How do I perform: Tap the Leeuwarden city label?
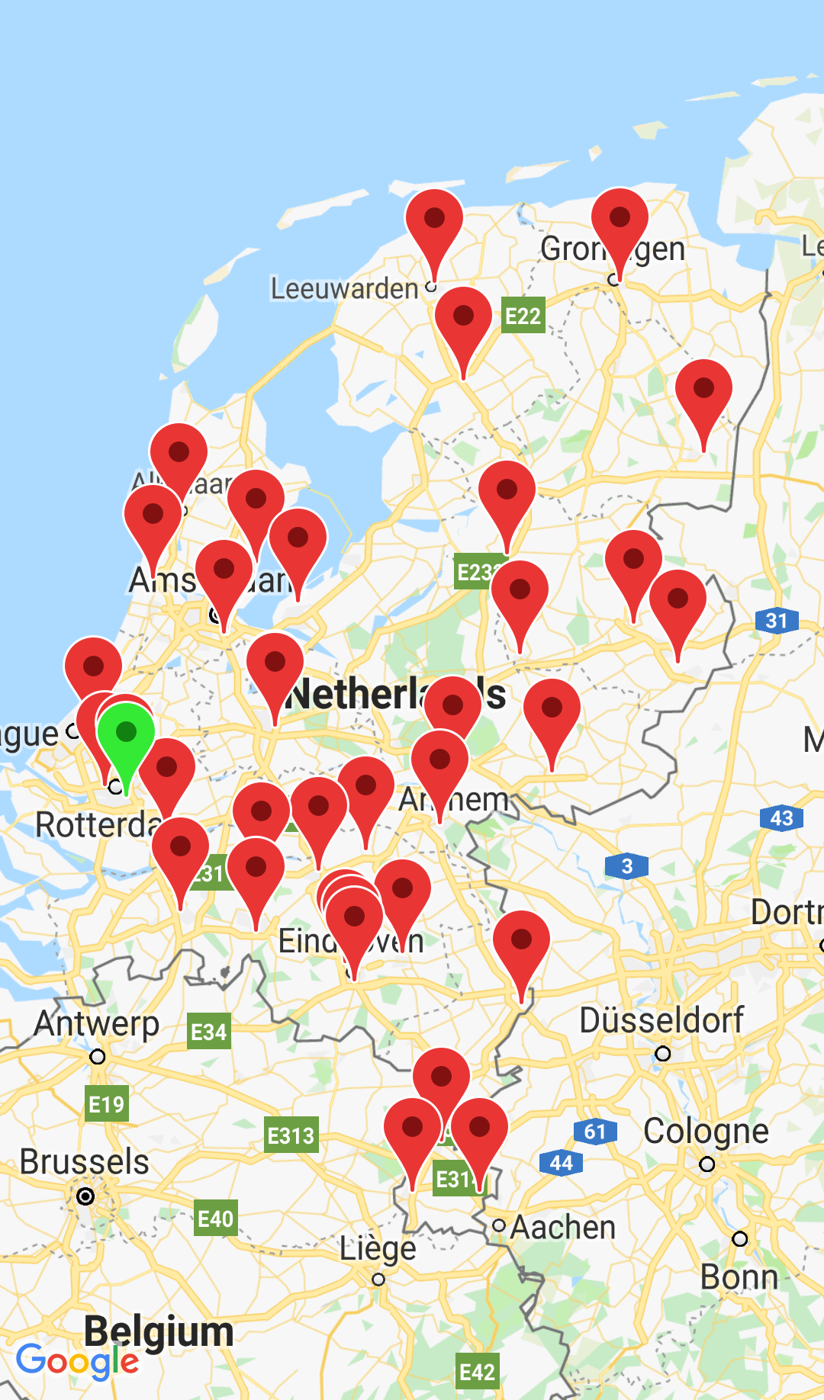pos(345,289)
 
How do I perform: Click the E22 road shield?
pos(523,316)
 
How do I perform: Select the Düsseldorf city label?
pos(661,1020)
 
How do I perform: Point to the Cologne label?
pos(706,1132)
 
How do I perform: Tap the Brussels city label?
pos(85,1162)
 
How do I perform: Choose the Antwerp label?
pos(97,1023)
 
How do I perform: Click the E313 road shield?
pos(291,1136)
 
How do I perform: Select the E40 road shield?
pos(215,1219)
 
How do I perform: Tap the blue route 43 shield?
pos(781,818)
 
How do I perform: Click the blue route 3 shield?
pos(626,866)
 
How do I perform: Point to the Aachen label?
pos(563,1228)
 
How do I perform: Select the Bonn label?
pos(739,1277)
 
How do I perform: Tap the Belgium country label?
pos(159,1331)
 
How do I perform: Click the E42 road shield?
pos(477,1373)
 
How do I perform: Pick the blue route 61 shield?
pos(594,1132)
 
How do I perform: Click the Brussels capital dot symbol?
pos(85,1196)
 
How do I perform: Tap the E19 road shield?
pos(106,1104)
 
